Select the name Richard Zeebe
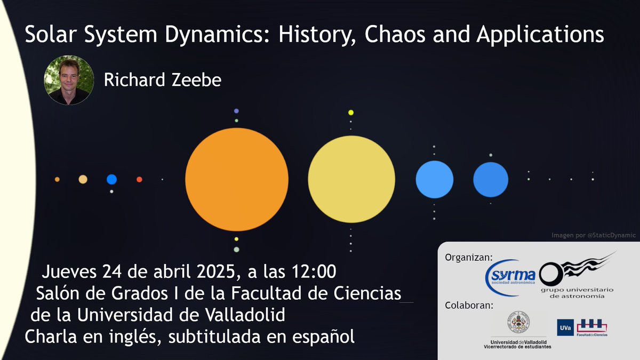162,81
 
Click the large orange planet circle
237,180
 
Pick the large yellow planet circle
351,179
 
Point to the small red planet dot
139,180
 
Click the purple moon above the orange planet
236,111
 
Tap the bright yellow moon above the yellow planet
351,113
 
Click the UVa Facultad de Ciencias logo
582,328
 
